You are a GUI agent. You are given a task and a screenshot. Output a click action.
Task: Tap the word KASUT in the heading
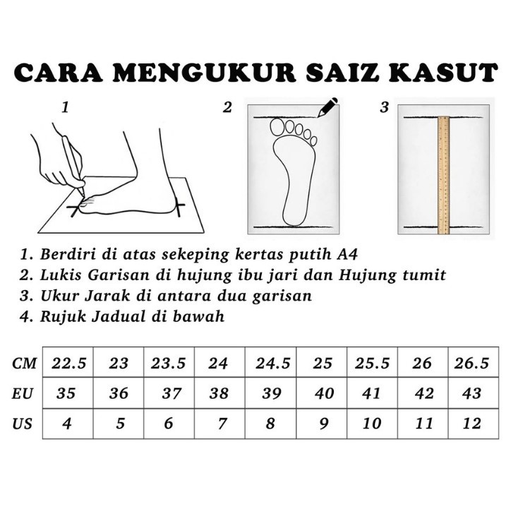click(442, 73)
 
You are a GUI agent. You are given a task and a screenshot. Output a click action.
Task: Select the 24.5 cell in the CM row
click(270, 362)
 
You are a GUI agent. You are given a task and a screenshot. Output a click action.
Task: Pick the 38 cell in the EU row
click(220, 393)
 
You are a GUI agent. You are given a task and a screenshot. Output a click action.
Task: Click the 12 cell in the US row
click(473, 423)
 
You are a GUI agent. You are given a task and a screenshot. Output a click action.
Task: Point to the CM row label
click(24, 363)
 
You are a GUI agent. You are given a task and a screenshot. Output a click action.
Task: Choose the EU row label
click(23, 394)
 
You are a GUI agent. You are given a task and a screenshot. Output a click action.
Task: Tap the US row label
click(22, 424)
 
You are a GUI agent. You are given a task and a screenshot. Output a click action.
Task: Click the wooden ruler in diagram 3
click(444, 175)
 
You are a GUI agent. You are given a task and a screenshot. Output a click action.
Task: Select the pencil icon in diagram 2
click(327, 107)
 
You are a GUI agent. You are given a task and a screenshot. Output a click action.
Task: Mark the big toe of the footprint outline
click(277, 127)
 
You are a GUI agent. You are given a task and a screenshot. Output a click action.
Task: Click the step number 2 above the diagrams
click(227, 108)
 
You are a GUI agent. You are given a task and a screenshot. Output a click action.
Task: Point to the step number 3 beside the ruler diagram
click(384, 108)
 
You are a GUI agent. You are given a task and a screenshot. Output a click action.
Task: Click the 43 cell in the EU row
click(473, 393)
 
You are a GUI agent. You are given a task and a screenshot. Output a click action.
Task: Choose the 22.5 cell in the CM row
click(68, 362)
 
